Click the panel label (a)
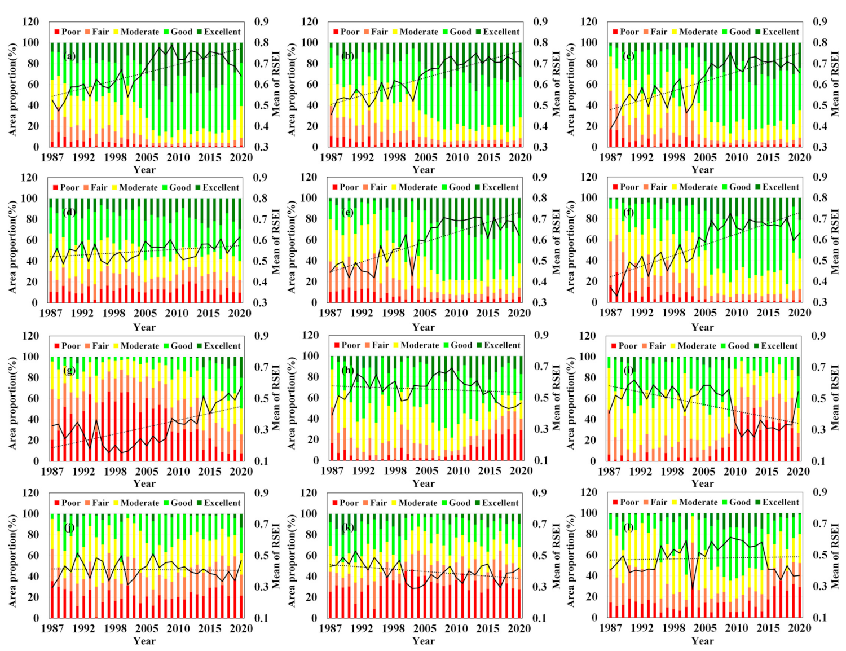pos(70,56)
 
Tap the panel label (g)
pos(70,371)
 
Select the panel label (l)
pos(628,527)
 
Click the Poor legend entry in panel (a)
pos(67,32)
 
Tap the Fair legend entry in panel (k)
pos(374,503)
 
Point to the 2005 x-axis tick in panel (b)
pos(426,157)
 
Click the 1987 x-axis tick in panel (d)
pos(51,313)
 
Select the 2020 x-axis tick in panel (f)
pos(799,313)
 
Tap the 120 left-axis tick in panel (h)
pos(310,335)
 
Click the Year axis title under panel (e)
pos(423,327)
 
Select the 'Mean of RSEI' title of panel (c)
pos(835,85)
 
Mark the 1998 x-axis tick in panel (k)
pos(393,628)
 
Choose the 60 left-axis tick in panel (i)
pos(589,398)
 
